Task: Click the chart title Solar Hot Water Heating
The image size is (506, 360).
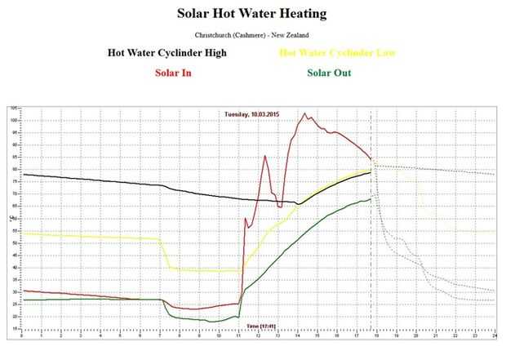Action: click(253, 14)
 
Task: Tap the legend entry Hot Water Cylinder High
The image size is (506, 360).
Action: click(166, 53)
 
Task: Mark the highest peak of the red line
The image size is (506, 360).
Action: click(304, 113)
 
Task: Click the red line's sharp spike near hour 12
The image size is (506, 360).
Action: click(265, 156)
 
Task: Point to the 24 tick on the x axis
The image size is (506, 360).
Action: click(495, 336)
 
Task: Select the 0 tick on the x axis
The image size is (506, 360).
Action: click(22, 336)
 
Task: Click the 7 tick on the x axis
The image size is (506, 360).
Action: click(160, 336)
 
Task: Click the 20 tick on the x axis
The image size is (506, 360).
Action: click(416, 336)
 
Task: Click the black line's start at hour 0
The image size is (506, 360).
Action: click(23, 174)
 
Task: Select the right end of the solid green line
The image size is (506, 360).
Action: click(371, 198)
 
